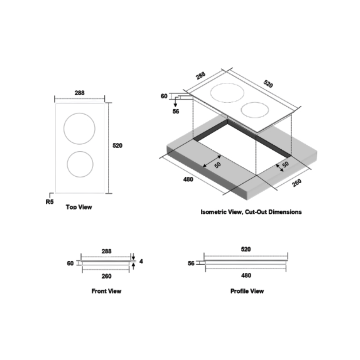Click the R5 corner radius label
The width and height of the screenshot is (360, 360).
(x=50, y=202)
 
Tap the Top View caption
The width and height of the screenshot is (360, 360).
(x=79, y=207)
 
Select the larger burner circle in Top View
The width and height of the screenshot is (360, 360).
(x=79, y=128)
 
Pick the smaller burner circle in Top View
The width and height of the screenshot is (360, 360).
(x=80, y=164)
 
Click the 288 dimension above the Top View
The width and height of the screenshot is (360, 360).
(x=79, y=93)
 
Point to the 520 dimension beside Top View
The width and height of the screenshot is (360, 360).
(x=117, y=145)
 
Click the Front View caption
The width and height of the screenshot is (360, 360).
(x=106, y=291)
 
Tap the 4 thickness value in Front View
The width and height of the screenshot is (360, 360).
(x=141, y=261)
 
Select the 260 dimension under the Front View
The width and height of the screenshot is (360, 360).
(x=106, y=276)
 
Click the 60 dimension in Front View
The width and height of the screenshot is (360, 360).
(x=70, y=263)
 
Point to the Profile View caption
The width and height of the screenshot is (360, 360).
(x=247, y=291)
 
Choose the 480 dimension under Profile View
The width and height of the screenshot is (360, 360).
(x=246, y=275)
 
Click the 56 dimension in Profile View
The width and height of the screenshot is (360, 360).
(x=191, y=263)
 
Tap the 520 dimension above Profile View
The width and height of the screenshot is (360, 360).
(x=246, y=249)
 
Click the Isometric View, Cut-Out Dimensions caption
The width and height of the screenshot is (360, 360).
(x=251, y=212)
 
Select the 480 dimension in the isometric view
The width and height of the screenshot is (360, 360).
(x=188, y=179)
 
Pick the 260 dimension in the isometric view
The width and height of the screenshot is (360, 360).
(x=297, y=183)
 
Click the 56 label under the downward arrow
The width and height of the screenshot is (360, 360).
(x=176, y=111)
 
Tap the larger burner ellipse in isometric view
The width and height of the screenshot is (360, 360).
(x=227, y=93)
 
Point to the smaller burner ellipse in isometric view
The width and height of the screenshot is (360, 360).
(x=255, y=110)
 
